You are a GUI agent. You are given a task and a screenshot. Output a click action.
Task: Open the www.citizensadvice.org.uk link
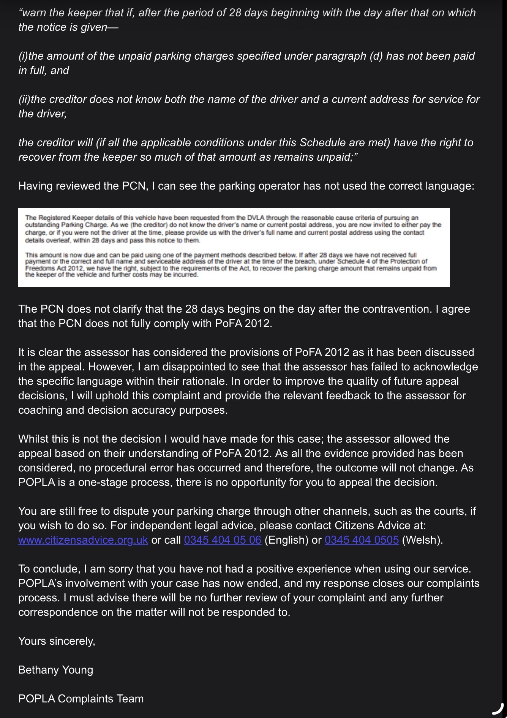tap(83, 540)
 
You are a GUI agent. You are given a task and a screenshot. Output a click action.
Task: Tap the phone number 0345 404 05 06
tap(223, 540)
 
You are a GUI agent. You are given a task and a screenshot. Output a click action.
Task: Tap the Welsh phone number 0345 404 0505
tap(362, 540)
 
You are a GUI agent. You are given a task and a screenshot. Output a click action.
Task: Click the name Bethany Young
tap(55, 670)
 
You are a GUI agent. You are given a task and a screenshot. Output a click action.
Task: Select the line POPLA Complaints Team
tap(81, 699)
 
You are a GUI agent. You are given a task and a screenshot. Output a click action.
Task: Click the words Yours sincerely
tap(57, 641)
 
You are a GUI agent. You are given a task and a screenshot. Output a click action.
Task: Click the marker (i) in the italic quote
tap(23, 56)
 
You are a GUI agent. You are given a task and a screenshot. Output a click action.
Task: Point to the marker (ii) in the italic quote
tap(24, 99)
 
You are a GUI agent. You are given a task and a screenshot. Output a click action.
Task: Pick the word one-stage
tap(97, 482)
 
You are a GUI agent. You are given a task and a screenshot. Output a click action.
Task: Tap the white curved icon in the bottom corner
tap(498, 708)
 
